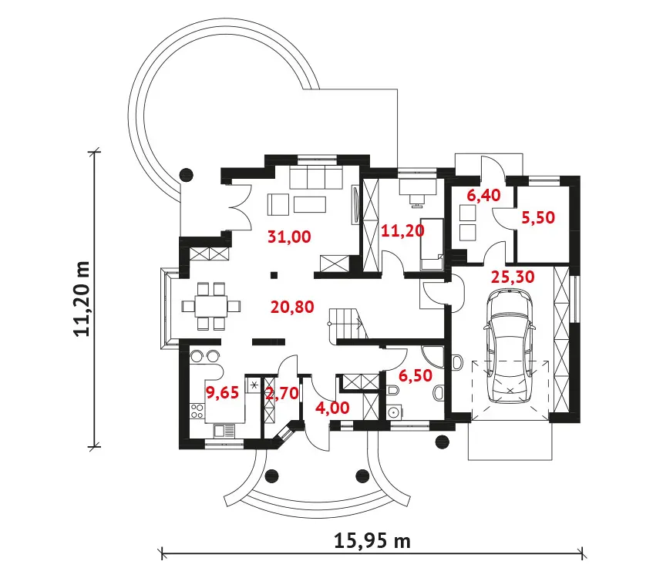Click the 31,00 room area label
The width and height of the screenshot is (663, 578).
(289, 237)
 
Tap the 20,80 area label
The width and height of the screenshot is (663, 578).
(292, 307)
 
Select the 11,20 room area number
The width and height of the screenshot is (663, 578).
(403, 230)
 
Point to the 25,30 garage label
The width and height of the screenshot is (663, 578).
(513, 277)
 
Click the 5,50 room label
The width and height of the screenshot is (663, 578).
(538, 217)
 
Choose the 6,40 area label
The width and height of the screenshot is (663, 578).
(483, 195)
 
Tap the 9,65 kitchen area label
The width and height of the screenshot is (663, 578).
(222, 392)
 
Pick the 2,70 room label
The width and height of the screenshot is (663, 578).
(282, 394)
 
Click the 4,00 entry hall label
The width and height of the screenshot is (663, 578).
(332, 408)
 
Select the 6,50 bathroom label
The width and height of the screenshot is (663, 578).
(416, 375)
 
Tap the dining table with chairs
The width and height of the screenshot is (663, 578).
(211, 306)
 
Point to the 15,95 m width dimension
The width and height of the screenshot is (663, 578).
(372, 541)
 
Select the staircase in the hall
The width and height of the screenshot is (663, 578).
(347, 324)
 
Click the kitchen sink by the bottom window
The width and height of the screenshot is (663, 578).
(224, 432)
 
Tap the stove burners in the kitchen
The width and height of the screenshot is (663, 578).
(197, 411)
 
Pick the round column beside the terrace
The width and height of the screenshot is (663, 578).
(187, 174)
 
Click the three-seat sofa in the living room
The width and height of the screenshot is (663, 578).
(316, 177)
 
